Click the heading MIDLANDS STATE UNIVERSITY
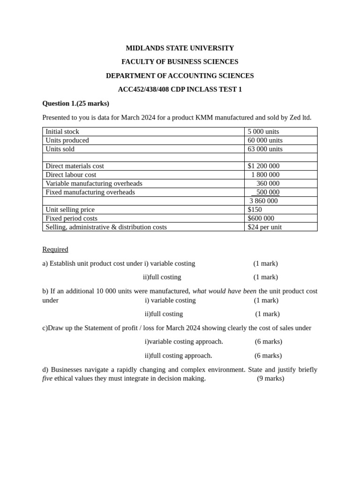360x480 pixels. click(180, 48)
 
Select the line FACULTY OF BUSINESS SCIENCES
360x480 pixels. click(180, 61)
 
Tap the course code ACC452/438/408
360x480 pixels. click(140, 89)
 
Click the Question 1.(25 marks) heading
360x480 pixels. click(75, 103)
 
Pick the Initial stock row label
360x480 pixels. click(62, 132)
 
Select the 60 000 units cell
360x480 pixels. click(265, 140)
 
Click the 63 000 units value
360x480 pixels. click(265, 149)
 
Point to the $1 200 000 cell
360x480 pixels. click(263, 166)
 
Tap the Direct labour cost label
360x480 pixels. click(71, 175)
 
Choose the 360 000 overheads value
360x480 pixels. click(268, 183)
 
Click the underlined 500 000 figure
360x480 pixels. click(267, 192)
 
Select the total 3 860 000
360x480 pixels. click(263, 201)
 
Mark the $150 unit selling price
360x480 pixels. click(255, 210)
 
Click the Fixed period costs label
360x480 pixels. click(71, 218)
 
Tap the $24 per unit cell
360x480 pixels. click(264, 227)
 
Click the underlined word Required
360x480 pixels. click(55, 249)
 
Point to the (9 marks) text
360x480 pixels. click(270, 378)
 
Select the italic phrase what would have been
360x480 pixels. click(224, 291)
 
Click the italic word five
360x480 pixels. click(47, 378)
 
